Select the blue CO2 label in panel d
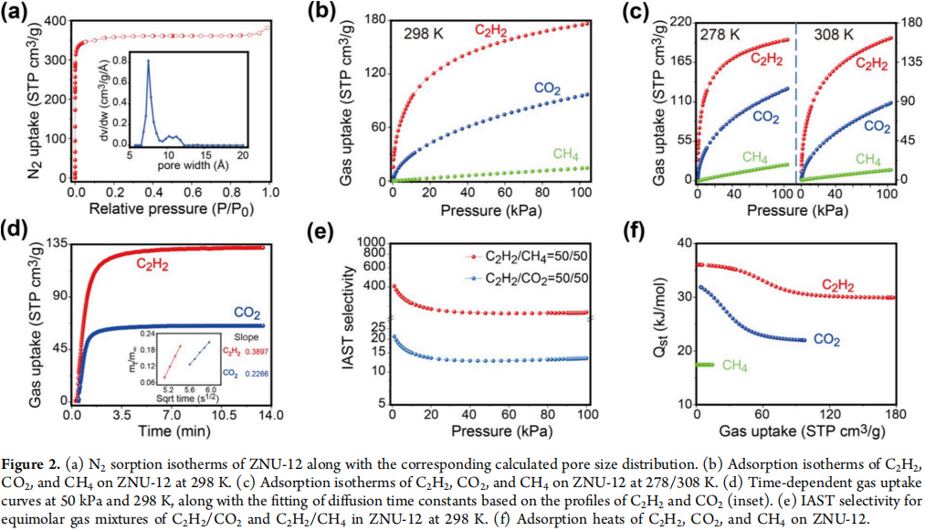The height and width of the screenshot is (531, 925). coord(247,311)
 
